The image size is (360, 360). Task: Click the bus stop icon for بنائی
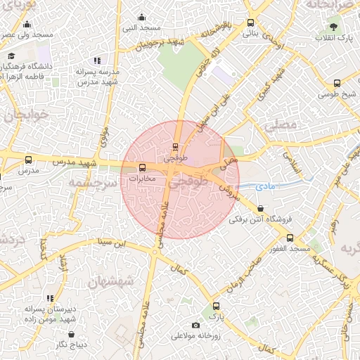tap(251, 22)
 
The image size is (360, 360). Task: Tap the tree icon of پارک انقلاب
tap(332, 27)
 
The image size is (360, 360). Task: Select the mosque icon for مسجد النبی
tap(141, 18)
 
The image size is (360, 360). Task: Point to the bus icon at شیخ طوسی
tap(337, 84)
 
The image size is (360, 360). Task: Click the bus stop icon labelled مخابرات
tap(143, 168)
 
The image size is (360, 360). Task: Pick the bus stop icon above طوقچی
tap(175, 147)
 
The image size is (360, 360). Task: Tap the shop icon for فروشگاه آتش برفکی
tap(261, 208)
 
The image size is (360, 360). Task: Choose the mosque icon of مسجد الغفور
tap(288, 239)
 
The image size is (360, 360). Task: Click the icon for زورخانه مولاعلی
tap(195, 324)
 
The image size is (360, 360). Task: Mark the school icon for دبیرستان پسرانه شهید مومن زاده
tap(50, 299)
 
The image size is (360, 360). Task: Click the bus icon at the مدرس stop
tap(29, 160)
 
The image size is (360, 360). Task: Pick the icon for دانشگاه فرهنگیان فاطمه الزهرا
tap(11, 56)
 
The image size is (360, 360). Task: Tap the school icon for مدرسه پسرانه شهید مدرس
tap(97, 61)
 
